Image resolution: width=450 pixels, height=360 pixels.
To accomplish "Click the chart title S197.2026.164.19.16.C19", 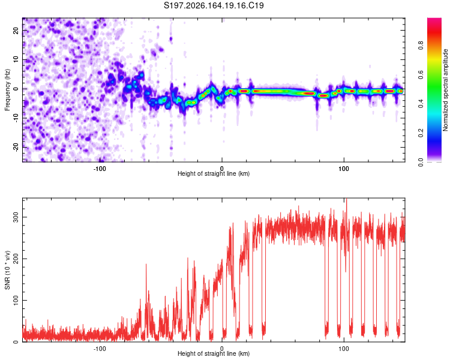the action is click(214, 5).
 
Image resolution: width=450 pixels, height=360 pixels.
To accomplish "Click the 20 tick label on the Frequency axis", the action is click(16, 30).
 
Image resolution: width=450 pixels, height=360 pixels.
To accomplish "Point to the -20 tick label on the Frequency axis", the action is click(16, 147).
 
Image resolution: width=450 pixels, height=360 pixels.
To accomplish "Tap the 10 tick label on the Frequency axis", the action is click(16, 59).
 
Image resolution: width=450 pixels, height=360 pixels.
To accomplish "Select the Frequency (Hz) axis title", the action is click(7, 90).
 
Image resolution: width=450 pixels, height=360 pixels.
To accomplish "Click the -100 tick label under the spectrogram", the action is click(100, 169).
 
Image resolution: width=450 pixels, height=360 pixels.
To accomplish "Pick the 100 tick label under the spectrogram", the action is click(344, 169).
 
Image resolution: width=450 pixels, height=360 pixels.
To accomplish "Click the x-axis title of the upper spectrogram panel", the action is click(214, 173).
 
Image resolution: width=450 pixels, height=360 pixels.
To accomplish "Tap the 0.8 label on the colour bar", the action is click(421, 46).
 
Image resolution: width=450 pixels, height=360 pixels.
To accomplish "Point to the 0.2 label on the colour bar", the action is click(421, 133).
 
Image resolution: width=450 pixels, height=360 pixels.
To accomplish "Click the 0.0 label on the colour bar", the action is click(421, 162).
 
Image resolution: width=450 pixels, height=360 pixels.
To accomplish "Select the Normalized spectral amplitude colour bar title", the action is click(445, 90).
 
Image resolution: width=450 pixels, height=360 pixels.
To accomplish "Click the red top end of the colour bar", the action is click(434, 19).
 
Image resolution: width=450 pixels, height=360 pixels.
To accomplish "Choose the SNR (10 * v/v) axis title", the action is click(7, 270).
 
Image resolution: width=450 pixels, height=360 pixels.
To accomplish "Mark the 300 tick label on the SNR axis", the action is click(16, 217).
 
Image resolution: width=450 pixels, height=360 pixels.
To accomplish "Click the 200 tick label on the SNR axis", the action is click(16, 259).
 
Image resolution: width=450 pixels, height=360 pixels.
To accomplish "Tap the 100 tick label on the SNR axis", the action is click(16, 300).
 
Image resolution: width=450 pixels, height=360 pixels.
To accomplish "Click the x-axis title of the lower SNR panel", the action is click(214, 353).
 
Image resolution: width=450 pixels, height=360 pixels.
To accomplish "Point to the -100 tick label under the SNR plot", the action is click(100, 349).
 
